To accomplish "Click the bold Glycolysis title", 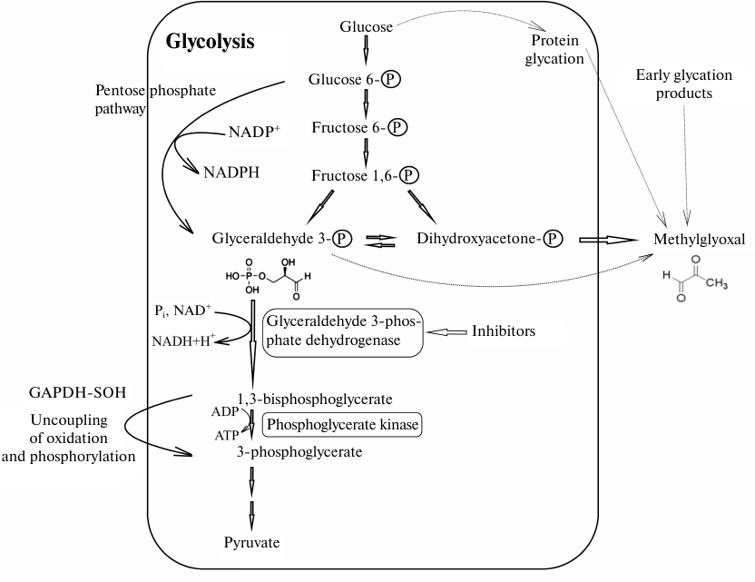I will pos(210,42).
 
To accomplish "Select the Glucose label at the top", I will pos(366,26).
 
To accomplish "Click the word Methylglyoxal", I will pos(700,240).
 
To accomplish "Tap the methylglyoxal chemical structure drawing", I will pos(693,283).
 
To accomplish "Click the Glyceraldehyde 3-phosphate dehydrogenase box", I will pos(343,331).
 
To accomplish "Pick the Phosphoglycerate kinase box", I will pos(343,423).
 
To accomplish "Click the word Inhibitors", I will pos(503,331).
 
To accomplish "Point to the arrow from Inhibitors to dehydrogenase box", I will pos(446,331).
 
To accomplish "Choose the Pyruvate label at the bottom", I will pos(251,543).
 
